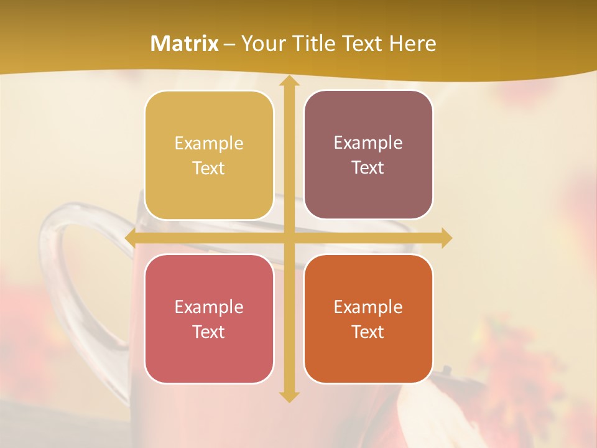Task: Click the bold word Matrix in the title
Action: [x=185, y=44]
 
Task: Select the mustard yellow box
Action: [x=209, y=156]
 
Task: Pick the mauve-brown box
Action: [x=368, y=155]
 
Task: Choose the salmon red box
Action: [x=209, y=319]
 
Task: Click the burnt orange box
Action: [x=368, y=319]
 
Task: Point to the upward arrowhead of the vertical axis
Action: [x=289, y=83]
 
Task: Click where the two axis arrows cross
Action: [x=289, y=238]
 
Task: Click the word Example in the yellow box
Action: [x=209, y=144]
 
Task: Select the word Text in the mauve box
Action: [x=368, y=168]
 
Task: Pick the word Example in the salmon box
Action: [x=209, y=307]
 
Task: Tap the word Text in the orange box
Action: [x=368, y=332]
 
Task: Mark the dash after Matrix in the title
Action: [x=229, y=44]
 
